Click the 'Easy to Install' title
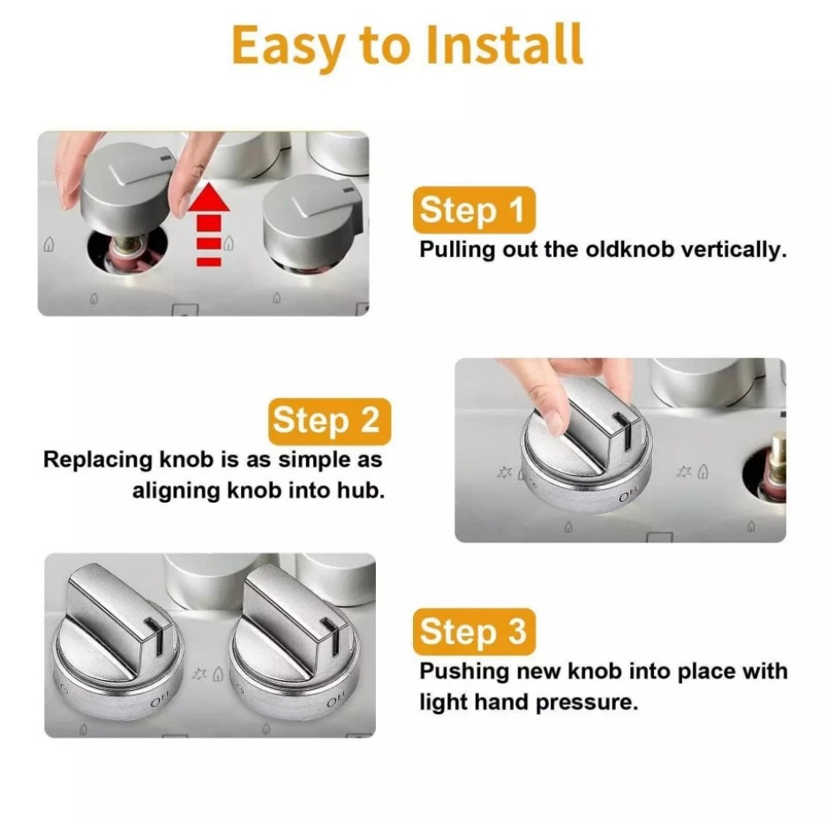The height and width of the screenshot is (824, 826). pos(407,47)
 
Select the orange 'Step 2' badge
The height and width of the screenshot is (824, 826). pos(327,421)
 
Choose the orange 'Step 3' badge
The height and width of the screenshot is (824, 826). pos(474,633)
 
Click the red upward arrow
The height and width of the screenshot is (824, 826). pos(209,224)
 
